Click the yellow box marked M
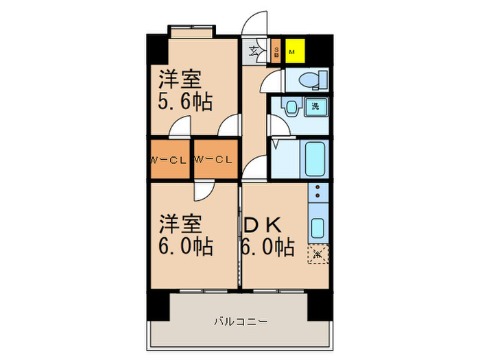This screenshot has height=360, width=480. pyautogui.click(x=293, y=51)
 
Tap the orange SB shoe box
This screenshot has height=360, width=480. pyautogui.click(x=276, y=51)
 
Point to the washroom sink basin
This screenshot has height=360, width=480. pyautogui.click(x=292, y=108)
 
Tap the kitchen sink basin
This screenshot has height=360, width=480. pyautogui.click(x=317, y=227)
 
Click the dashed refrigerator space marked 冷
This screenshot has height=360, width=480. pyautogui.click(x=318, y=254)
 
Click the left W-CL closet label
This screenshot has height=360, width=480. pyautogui.click(x=169, y=160)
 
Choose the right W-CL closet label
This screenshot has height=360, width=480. pyautogui.click(x=214, y=160)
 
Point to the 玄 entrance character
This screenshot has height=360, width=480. pyautogui.click(x=252, y=50)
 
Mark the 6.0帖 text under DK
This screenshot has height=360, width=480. pyautogui.click(x=267, y=245)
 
